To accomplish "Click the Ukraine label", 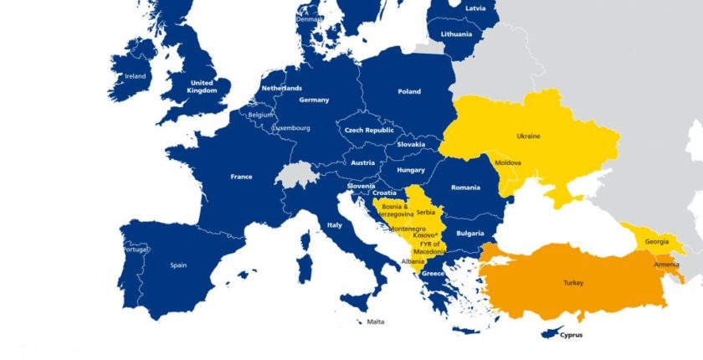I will coord(528,136).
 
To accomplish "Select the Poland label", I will coord(409,91).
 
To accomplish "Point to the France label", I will coord(241,177).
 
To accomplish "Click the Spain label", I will coord(178,265).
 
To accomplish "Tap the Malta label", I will coord(376,321).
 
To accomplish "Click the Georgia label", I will coord(656,241).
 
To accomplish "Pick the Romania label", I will coord(464,188).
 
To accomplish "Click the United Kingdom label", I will coord(202,87).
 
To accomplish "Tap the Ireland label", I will coord(135,76).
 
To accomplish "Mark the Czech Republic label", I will coord(369,131).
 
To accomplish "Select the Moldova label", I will coord(508,162).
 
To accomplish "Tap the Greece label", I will coord(433,274).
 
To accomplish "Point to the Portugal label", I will coord(136,249).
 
